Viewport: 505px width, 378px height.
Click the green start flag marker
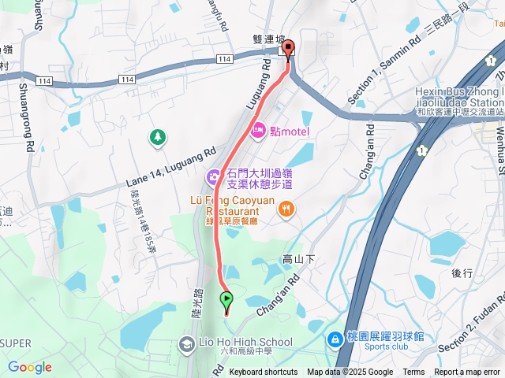(x=227, y=298)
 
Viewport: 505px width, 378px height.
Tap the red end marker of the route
(x=288, y=49)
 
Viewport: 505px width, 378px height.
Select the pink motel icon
(x=259, y=131)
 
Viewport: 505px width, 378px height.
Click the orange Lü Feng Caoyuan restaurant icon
(x=286, y=209)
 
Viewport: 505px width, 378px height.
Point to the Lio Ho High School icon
(x=186, y=343)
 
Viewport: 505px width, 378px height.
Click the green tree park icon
(x=158, y=138)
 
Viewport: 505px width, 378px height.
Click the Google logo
(x=30, y=367)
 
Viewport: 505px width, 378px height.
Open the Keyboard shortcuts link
(x=264, y=372)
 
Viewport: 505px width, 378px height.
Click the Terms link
(x=413, y=372)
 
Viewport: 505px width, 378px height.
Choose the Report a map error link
(x=467, y=372)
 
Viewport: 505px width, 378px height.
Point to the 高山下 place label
(x=298, y=259)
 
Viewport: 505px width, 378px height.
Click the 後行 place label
(x=462, y=273)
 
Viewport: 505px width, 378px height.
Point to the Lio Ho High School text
(x=245, y=343)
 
